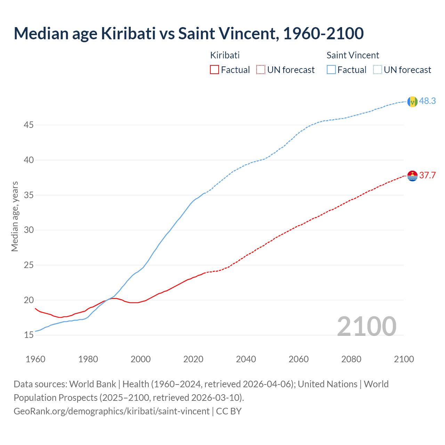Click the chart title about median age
(x=188, y=33)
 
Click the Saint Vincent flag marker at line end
(x=412, y=102)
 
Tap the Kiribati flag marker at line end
(x=412, y=176)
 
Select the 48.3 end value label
(x=427, y=101)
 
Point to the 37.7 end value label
(x=427, y=175)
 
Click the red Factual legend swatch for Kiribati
(x=215, y=70)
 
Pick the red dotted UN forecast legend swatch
(x=261, y=70)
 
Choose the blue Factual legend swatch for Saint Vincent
(x=331, y=70)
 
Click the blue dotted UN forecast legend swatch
(x=378, y=70)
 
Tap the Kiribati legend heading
(x=225, y=55)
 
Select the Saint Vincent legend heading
(x=353, y=55)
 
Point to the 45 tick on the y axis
(x=29, y=125)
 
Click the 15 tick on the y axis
(x=29, y=335)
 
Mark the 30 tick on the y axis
(x=29, y=230)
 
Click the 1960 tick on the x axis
(x=35, y=359)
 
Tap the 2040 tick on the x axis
(x=246, y=359)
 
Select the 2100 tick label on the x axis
(x=404, y=359)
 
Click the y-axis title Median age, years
(x=15, y=216)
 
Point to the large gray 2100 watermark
(x=366, y=326)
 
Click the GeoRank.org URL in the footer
(x=111, y=411)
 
